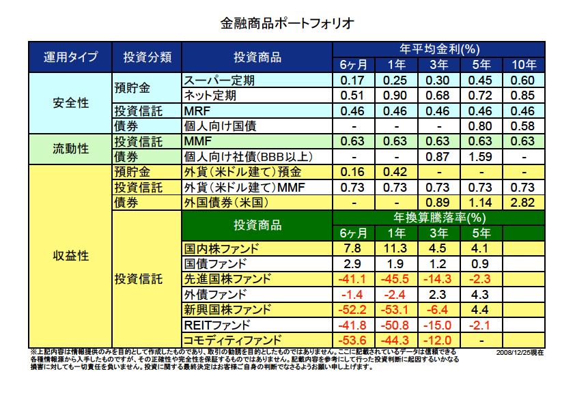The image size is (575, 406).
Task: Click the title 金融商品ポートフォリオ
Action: pos(287,24)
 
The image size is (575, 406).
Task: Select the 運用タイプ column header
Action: pos(70,57)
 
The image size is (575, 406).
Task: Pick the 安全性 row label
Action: pos(70,102)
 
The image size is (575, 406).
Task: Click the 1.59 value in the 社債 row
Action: pos(481,156)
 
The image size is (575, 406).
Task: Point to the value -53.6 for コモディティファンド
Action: pos(354,340)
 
